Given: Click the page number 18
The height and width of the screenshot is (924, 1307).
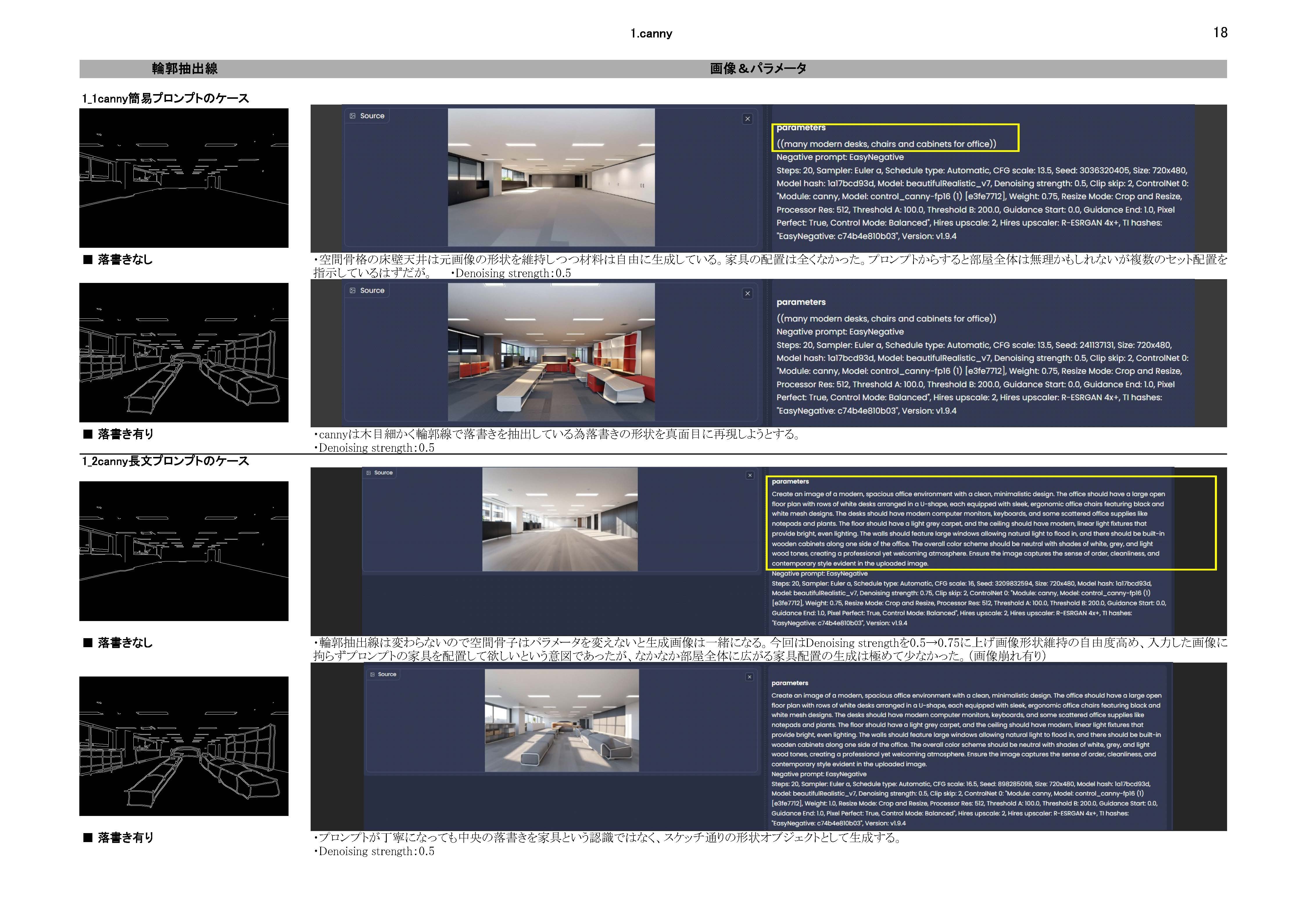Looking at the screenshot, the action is click(x=1220, y=33).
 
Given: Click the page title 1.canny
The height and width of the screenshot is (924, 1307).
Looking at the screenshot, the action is click(x=651, y=34).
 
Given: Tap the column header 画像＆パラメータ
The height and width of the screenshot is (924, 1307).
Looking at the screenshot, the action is click(x=758, y=69).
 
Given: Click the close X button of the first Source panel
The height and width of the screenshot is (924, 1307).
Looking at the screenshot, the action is click(x=747, y=119).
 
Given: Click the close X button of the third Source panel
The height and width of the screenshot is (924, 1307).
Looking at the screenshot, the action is click(x=750, y=475).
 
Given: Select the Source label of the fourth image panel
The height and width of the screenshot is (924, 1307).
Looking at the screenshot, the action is click(x=387, y=674).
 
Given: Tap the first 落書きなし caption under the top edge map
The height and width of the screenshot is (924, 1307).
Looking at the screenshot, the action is click(x=125, y=259).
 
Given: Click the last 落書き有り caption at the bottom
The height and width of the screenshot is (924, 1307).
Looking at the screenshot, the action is click(x=125, y=837).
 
